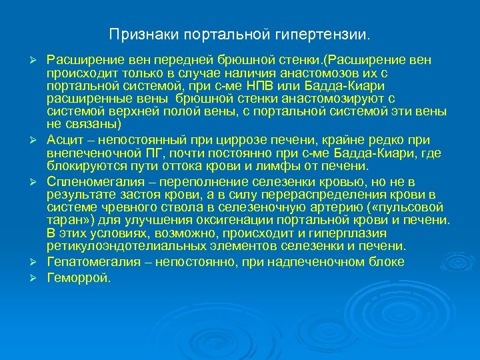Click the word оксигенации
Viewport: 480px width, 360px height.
(255, 221)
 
